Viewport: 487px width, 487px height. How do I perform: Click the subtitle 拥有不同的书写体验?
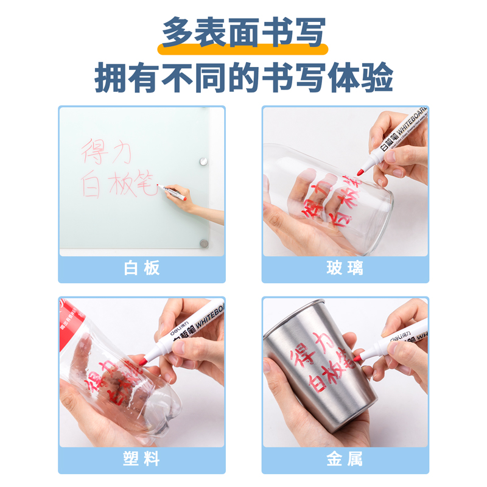[243, 77]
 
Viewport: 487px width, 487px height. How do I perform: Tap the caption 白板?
[142, 268]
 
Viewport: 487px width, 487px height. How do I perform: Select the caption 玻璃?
[345, 268]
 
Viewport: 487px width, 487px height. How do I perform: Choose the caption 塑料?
[142, 459]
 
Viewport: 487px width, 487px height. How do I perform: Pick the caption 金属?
[345, 459]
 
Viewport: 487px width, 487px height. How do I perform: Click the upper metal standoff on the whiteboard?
[203, 161]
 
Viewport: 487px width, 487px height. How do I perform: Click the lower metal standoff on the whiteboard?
[204, 243]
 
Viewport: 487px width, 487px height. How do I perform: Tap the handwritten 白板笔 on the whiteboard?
[119, 184]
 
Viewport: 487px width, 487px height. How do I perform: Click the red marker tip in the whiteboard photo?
[160, 185]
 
